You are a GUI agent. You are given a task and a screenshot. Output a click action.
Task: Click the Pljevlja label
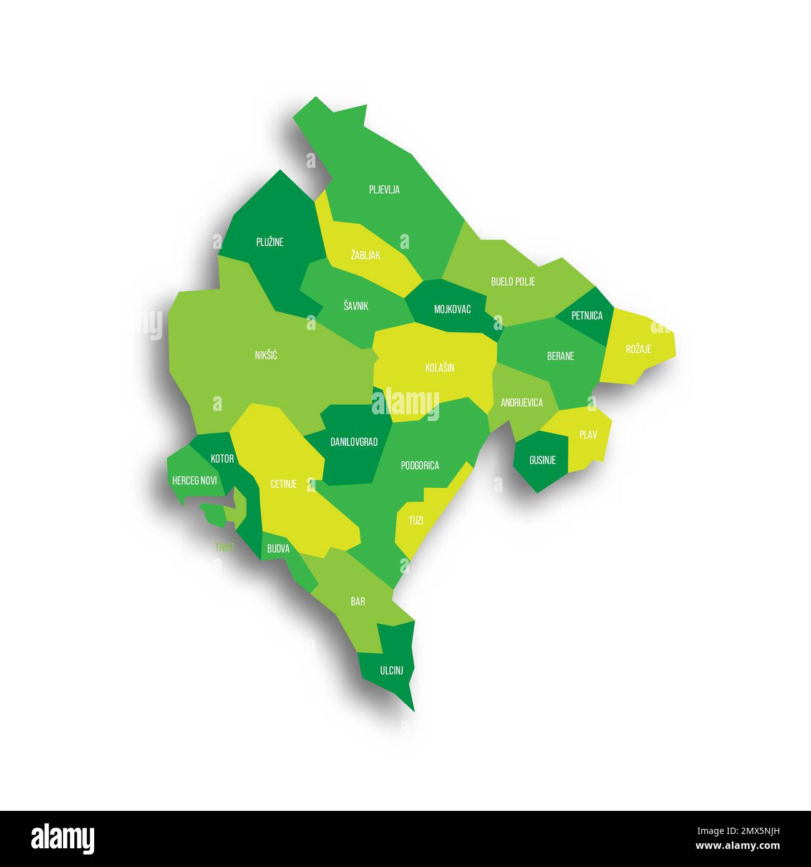tap(384, 190)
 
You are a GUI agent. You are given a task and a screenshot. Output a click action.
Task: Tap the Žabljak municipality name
tap(366, 255)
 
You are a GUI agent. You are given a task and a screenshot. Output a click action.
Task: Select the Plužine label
tap(270, 242)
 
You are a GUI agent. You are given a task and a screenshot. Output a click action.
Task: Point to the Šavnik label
tap(356, 306)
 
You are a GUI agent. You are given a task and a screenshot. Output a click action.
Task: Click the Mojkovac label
tap(452, 309)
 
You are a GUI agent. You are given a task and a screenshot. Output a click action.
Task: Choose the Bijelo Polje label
tap(513, 281)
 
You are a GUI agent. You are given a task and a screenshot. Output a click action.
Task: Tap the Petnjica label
tap(587, 316)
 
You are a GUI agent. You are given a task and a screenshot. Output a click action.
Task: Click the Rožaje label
tap(638, 349)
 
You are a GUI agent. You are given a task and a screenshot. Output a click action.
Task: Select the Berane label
tap(560, 356)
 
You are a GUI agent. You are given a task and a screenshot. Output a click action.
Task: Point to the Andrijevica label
tap(522, 403)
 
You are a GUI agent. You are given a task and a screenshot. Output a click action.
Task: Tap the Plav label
tap(588, 435)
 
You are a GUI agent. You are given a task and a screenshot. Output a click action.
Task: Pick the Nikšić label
tap(266, 356)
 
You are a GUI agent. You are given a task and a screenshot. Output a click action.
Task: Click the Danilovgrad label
tap(354, 442)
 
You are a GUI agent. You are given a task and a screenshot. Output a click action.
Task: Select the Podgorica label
tap(420, 465)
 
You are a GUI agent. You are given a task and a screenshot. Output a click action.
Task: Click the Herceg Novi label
tap(195, 481)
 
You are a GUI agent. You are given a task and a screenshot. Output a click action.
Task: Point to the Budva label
tap(278, 549)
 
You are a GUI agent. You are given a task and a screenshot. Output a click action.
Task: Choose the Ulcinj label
tap(391, 671)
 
